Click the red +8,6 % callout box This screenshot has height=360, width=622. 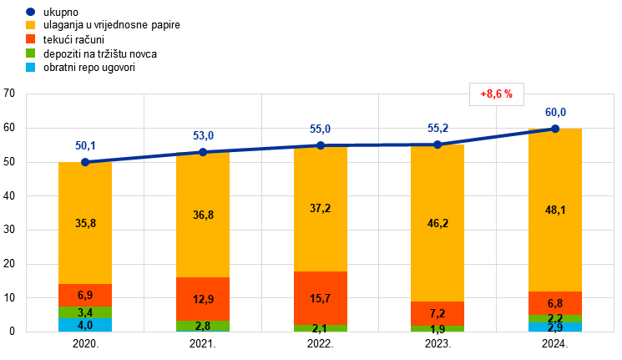point(497,94)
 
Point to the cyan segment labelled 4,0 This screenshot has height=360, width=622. point(85,325)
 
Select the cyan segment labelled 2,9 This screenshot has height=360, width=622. point(555,327)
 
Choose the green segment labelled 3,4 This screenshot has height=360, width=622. point(85,312)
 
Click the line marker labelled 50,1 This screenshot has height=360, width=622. point(85,162)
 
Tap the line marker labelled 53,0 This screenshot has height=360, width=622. point(203,152)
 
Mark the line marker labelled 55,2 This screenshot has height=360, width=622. point(437,145)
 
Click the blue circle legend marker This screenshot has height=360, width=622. point(30,12)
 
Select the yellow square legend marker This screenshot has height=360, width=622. point(30,25)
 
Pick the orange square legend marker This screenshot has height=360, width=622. point(30,39)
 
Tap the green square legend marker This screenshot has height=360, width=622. point(30,53)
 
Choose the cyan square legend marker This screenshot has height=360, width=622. point(30,67)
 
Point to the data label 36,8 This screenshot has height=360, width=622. point(203,215)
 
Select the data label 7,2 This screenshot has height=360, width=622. point(437,313)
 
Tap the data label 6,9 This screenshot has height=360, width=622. point(85,296)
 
